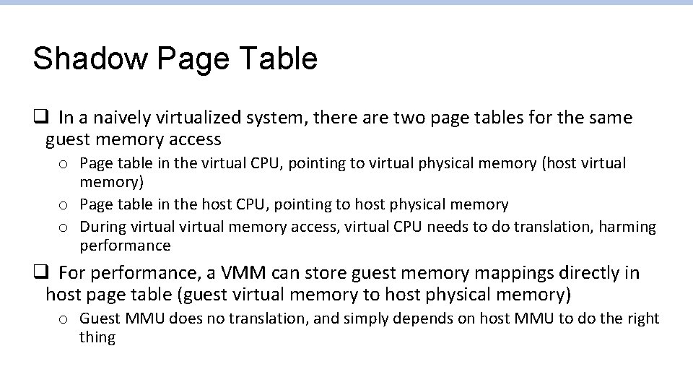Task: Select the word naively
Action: coord(128,117)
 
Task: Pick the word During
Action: coord(103,227)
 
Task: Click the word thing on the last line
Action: coord(97,337)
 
